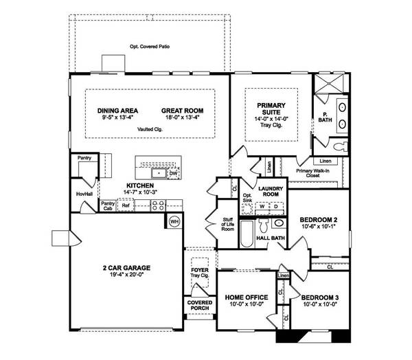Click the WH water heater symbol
[174, 221]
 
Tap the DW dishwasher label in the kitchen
[173, 175]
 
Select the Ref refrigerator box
[126, 205]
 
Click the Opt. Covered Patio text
[150, 47]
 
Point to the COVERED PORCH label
[199, 305]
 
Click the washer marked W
[262, 206]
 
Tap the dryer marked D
[275, 206]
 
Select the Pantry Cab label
[108, 205]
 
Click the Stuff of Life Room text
[227, 224]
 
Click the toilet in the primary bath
[339, 146]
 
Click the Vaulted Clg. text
[150, 128]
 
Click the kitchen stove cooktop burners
[158, 205]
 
